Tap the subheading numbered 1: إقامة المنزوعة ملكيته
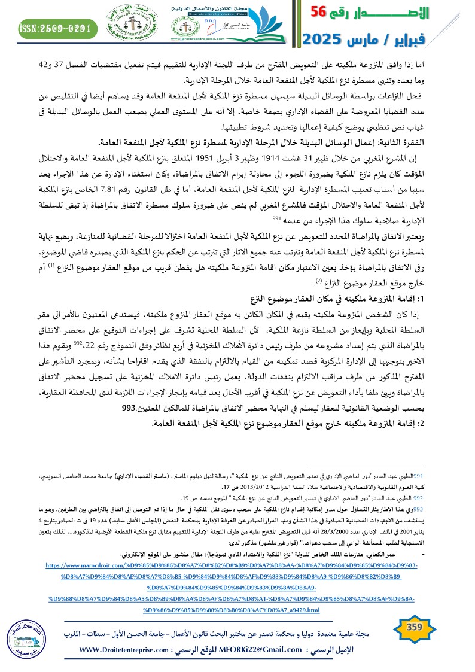pyautogui.click(x=353, y=298)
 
